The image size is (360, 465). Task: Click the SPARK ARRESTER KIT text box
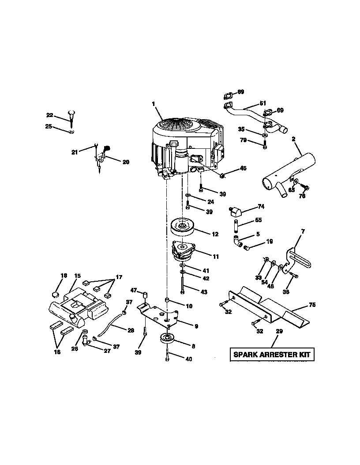click(x=271, y=354)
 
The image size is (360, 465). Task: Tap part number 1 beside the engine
click(x=154, y=104)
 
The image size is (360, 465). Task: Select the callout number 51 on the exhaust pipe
click(x=263, y=103)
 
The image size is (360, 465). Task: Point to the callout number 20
click(x=126, y=162)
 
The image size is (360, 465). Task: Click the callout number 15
click(x=77, y=276)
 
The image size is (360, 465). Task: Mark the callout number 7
click(x=303, y=231)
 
